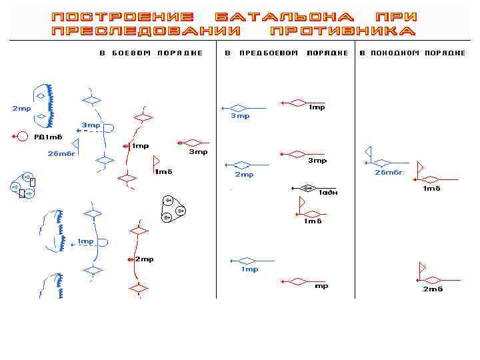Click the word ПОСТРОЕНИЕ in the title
click(123, 16)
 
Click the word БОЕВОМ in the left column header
click(130, 53)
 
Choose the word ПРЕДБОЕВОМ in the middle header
click(269, 53)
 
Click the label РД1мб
click(48, 137)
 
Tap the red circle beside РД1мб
click(21, 137)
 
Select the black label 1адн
click(328, 193)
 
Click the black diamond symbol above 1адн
click(307, 188)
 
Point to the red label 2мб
click(433, 289)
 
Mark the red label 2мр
click(145, 259)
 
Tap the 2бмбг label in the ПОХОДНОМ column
click(389, 172)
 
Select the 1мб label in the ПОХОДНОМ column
click(432, 189)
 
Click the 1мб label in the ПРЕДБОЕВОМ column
click(313, 221)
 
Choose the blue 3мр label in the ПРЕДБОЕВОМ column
click(240, 116)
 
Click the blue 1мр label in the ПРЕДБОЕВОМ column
click(249, 269)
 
